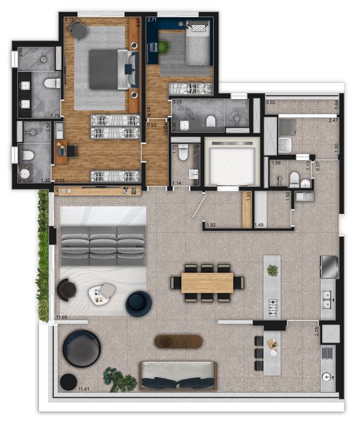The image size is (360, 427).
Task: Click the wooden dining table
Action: [x=207, y=282]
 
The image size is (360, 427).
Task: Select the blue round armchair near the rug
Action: [x=139, y=303]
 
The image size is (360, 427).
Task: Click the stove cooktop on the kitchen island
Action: [x=272, y=309]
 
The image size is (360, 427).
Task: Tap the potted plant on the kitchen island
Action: [x=273, y=270]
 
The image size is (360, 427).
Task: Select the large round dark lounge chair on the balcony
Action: [x=82, y=348]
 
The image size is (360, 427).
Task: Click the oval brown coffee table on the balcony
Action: [x=178, y=341]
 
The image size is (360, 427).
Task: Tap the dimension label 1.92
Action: [x=211, y=225]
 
